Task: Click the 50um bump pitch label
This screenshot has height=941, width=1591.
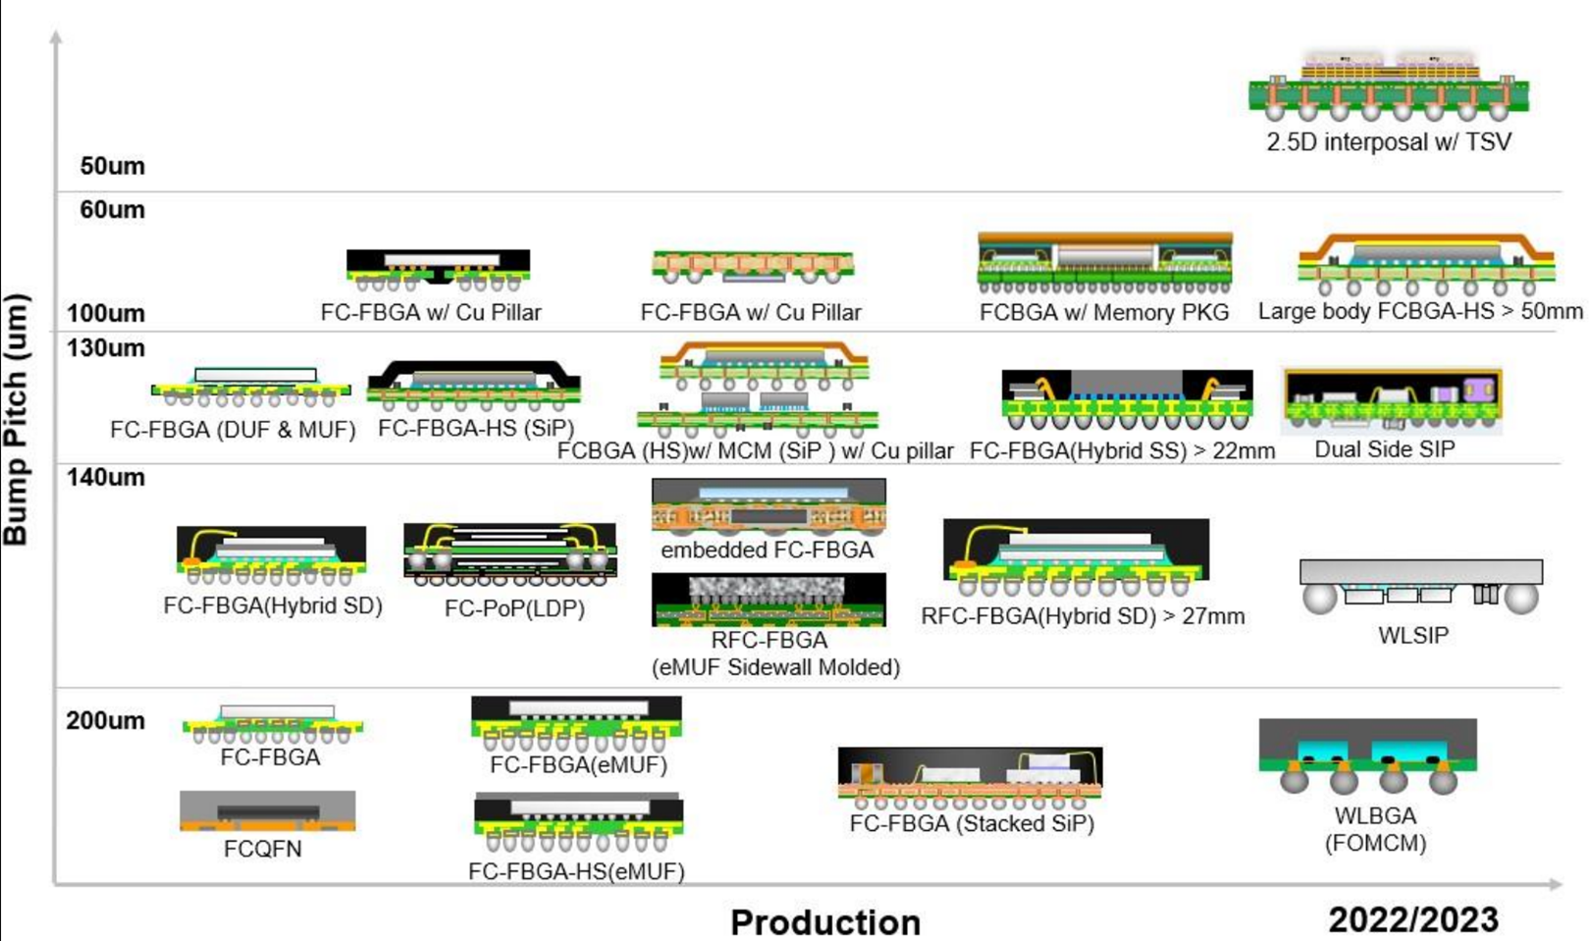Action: point(112,166)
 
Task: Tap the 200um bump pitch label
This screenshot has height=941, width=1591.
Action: point(105,720)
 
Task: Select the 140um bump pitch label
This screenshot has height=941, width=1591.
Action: point(105,478)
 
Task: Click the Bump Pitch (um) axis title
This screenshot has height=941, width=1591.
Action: point(16,419)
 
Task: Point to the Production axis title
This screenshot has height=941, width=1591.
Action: point(825,922)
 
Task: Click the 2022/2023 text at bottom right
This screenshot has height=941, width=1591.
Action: point(1412,919)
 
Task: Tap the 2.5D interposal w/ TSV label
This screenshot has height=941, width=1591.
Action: point(1388,142)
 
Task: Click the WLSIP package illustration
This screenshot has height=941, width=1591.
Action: point(1420,586)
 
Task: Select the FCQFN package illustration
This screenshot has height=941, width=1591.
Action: point(267,810)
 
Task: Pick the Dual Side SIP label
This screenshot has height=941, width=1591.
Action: point(1384,449)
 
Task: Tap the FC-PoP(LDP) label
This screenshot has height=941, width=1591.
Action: point(514,608)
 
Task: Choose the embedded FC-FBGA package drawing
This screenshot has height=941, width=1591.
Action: point(769,506)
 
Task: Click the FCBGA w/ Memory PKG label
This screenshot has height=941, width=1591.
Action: point(1104,312)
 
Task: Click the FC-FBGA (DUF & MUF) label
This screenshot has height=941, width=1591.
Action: point(233,430)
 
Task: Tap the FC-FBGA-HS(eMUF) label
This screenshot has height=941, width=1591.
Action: point(576,871)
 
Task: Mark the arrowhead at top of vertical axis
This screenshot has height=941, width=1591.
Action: point(56,37)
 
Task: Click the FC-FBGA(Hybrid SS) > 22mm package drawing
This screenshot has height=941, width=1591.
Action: point(1127,399)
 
